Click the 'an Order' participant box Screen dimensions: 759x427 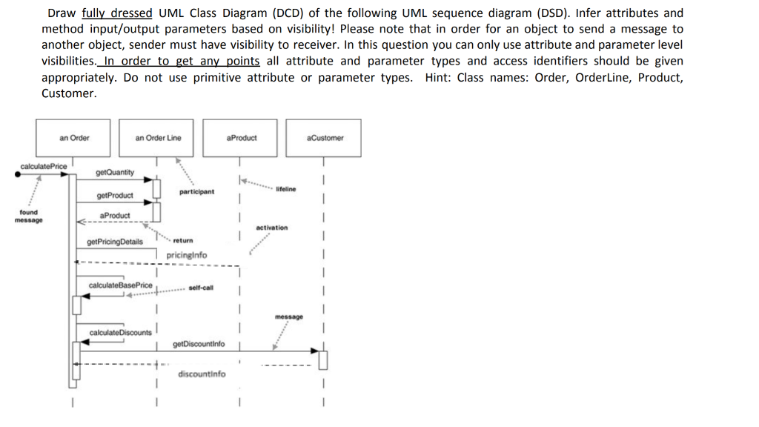coord(75,138)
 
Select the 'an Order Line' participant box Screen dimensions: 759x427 coord(158,138)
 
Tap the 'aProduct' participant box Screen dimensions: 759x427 coord(242,138)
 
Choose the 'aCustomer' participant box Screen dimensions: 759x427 coord(325,138)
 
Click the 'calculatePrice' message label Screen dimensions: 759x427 coord(44,166)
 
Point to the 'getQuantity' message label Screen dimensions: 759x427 coord(115,173)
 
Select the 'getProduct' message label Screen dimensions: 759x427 coord(115,196)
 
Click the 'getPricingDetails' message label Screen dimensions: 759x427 coord(115,242)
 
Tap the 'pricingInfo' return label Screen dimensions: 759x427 coord(187,255)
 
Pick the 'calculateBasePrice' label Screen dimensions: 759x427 coord(120,285)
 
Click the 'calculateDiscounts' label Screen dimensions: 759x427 coord(120,332)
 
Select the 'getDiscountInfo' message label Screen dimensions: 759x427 coord(199,344)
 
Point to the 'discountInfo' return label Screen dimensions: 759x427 coord(202,374)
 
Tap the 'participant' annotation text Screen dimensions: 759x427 coord(196,192)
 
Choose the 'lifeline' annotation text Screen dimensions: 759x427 coord(285,189)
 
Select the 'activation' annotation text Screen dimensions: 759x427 coord(272,228)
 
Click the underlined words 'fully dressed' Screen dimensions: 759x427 coord(116,13)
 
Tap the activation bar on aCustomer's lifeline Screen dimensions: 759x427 coord(322,359)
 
